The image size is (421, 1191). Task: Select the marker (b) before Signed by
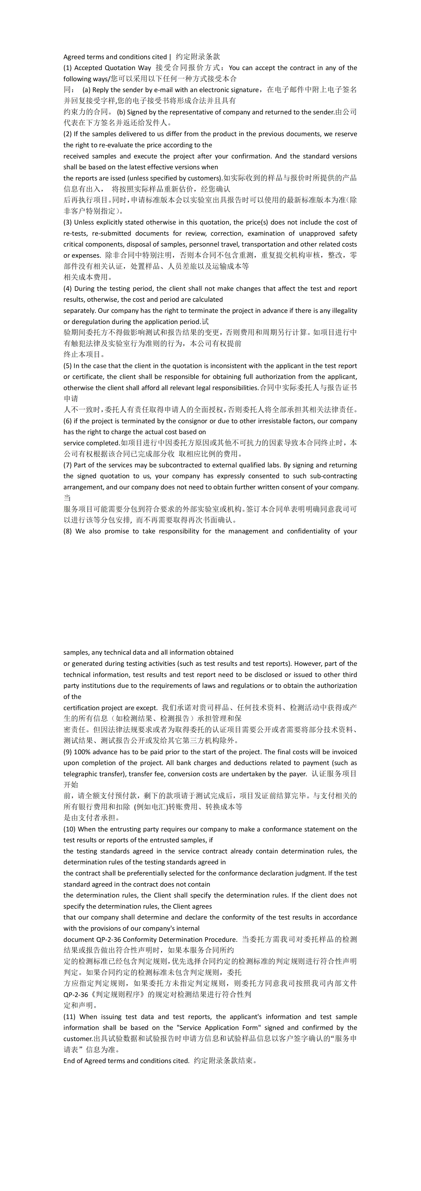(x=121, y=112)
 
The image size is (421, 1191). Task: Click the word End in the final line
(x=70, y=1061)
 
